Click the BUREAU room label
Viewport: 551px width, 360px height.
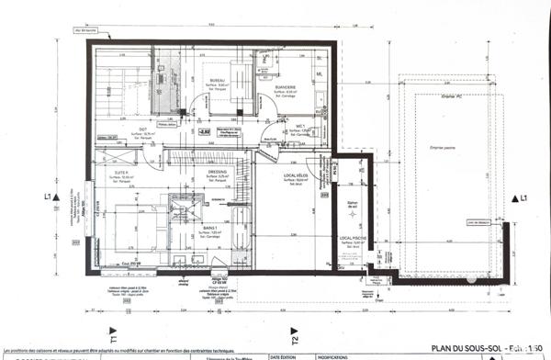tap(218, 81)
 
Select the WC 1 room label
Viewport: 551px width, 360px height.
tap(299, 129)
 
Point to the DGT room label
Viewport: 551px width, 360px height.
tap(143, 129)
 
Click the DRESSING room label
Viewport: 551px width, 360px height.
tap(218, 171)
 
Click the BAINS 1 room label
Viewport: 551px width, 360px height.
tap(209, 228)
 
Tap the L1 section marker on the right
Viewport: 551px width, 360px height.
tap(523, 198)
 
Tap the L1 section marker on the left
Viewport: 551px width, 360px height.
tap(46, 197)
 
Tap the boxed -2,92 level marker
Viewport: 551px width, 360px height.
tap(204, 132)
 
